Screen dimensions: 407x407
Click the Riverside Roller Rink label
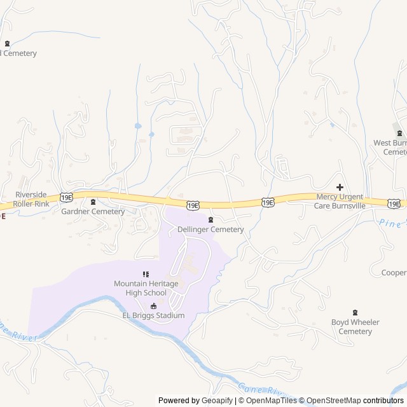pyautogui.click(x=32, y=199)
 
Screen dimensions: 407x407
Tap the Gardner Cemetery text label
pyautogui.click(x=93, y=211)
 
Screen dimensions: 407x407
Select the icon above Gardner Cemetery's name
pyautogui.click(x=93, y=202)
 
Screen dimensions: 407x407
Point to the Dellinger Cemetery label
pyautogui.click(x=210, y=229)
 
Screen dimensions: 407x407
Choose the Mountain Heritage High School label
pyautogui.click(x=146, y=287)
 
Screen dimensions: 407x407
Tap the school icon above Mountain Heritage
pyautogui.click(x=146, y=274)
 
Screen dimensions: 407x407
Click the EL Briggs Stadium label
pyautogui.click(x=153, y=315)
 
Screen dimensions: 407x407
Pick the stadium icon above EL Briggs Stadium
pyautogui.click(x=153, y=306)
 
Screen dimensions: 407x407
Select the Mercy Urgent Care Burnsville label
pyautogui.click(x=340, y=202)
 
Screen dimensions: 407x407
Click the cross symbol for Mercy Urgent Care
pyautogui.click(x=340, y=187)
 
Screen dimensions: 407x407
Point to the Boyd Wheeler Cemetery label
pyautogui.click(x=355, y=327)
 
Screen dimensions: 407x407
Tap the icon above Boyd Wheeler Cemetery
pyautogui.click(x=355, y=312)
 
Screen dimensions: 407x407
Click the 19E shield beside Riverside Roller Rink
pyautogui.click(x=66, y=198)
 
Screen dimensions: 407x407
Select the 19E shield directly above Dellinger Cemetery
pyautogui.click(x=193, y=205)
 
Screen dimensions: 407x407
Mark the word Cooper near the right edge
pyautogui.click(x=394, y=273)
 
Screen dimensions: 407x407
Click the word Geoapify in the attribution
pyautogui.click(x=217, y=401)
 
